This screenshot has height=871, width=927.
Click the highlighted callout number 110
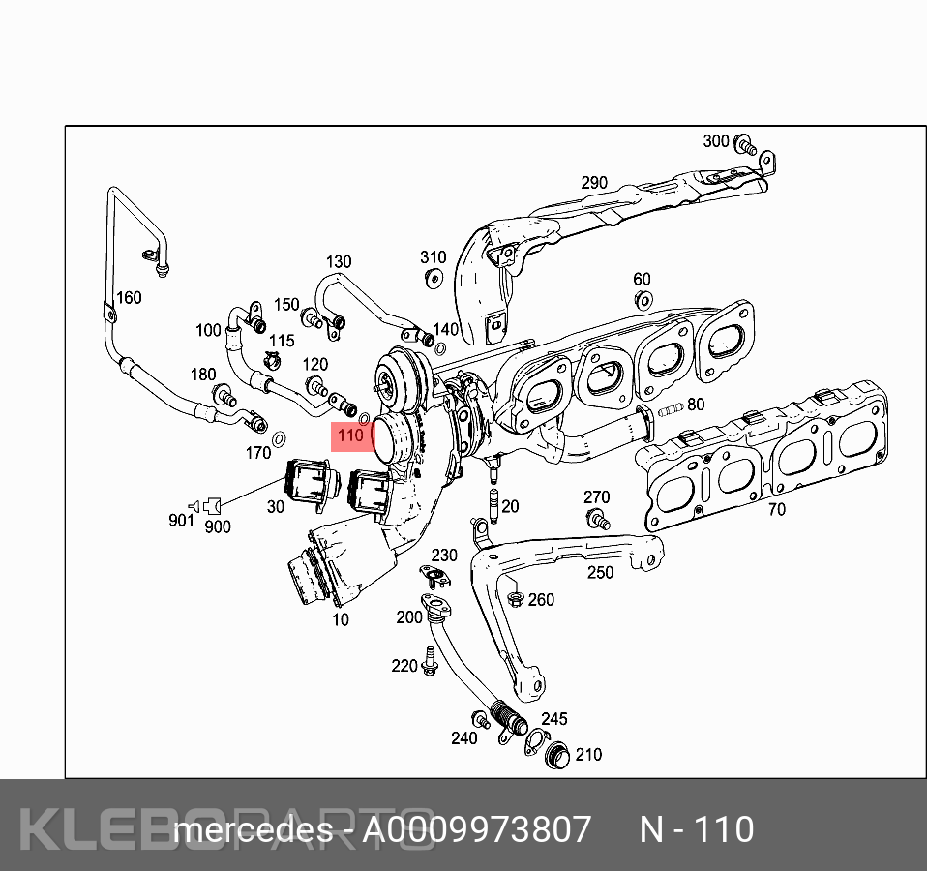point(350,435)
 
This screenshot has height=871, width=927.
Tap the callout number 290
point(594,183)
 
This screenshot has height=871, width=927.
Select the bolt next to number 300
point(745,145)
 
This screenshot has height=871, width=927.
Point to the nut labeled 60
point(643,300)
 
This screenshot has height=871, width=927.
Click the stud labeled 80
point(671,408)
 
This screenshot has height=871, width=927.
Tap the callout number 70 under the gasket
point(777,509)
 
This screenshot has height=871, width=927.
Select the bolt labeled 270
point(598,519)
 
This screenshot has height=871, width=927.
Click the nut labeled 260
point(516,599)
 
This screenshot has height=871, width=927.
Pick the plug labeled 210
point(557,755)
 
